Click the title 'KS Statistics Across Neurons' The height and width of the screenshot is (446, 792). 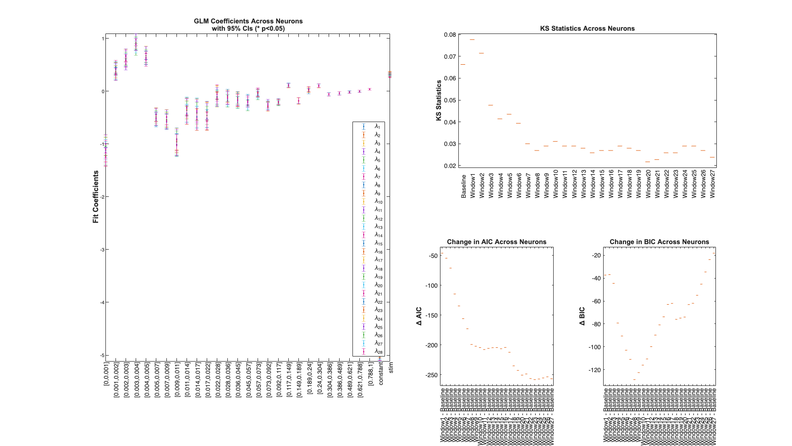tap(587, 28)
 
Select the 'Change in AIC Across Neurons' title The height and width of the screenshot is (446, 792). tap(496, 242)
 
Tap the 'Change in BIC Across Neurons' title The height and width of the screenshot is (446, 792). tap(659, 242)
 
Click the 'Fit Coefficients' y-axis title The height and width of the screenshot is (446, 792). tap(96, 197)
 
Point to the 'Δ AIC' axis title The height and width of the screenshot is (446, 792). tap(419, 317)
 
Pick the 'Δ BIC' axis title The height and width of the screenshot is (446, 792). tap(582, 317)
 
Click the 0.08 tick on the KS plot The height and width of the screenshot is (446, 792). tap(450, 35)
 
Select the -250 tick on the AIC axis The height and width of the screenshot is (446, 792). tap(431, 375)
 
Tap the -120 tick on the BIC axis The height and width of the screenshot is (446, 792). tap(594, 370)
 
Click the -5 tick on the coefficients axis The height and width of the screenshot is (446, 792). tap(102, 356)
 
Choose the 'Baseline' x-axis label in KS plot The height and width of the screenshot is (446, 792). tap(463, 186)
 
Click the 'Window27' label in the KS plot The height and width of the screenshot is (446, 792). tap(712, 184)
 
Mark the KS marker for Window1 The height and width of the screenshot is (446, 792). tap(472, 40)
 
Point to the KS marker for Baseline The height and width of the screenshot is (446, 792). tap(463, 64)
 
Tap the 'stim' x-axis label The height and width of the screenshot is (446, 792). tap(391, 367)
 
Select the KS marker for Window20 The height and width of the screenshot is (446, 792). tap(648, 162)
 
